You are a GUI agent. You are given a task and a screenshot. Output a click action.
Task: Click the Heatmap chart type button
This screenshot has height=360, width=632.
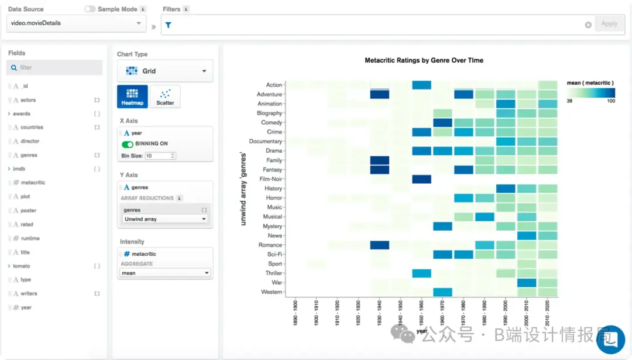132,96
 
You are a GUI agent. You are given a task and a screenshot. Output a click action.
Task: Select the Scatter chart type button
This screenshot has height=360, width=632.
165,96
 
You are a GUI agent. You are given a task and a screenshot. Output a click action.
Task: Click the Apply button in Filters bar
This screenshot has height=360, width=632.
609,24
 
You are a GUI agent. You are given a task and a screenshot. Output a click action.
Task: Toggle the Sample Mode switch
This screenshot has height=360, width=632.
90,9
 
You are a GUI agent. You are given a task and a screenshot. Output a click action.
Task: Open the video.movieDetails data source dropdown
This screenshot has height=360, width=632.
76,23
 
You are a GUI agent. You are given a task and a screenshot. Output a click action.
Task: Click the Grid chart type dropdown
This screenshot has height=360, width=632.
165,71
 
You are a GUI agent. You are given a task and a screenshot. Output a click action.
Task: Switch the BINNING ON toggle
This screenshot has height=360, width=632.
127,144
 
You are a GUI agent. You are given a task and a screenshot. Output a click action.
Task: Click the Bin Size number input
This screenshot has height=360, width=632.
160,156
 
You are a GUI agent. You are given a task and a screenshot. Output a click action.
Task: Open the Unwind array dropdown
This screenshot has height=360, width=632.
165,219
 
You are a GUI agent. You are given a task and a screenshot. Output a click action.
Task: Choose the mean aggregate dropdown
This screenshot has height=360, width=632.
165,273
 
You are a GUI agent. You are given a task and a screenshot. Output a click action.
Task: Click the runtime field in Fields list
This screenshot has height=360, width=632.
30,238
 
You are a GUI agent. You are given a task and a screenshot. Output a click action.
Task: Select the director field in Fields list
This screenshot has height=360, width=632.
30,141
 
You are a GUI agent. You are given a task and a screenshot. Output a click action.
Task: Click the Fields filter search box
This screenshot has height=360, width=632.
55,68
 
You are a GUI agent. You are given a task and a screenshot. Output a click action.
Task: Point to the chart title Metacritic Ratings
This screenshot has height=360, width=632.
424,60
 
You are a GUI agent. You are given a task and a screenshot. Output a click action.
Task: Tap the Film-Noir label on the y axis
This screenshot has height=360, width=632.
270,179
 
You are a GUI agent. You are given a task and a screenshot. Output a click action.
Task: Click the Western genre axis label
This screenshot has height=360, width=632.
272,292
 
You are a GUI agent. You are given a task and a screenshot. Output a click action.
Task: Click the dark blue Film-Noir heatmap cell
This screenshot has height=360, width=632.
421,179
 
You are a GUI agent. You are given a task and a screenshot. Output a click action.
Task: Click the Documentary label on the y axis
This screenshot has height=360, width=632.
266,142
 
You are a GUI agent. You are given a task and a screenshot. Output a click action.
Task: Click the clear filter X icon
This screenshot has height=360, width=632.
588,25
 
